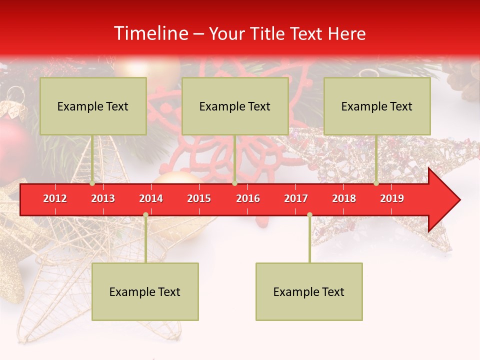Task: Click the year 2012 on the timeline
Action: point(55,198)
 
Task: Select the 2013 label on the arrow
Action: point(103,198)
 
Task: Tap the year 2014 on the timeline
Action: point(151,198)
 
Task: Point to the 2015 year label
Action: point(199,198)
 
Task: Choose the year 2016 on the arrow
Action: point(248,198)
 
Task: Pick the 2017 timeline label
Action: point(296,198)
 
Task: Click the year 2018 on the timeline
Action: point(344,198)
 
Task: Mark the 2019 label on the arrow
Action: point(392,198)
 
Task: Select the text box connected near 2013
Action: point(93,106)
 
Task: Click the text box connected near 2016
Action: point(235,106)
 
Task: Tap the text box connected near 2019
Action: point(377,106)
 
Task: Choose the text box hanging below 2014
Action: point(145,291)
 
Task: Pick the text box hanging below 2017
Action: point(309,291)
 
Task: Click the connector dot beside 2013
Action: point(92,183)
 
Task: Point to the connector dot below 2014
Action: point(145,215)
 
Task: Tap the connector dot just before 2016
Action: point(234,183)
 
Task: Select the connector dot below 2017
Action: point(309,215)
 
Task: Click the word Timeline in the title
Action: point(150,33)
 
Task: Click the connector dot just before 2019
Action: point(376,183)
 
